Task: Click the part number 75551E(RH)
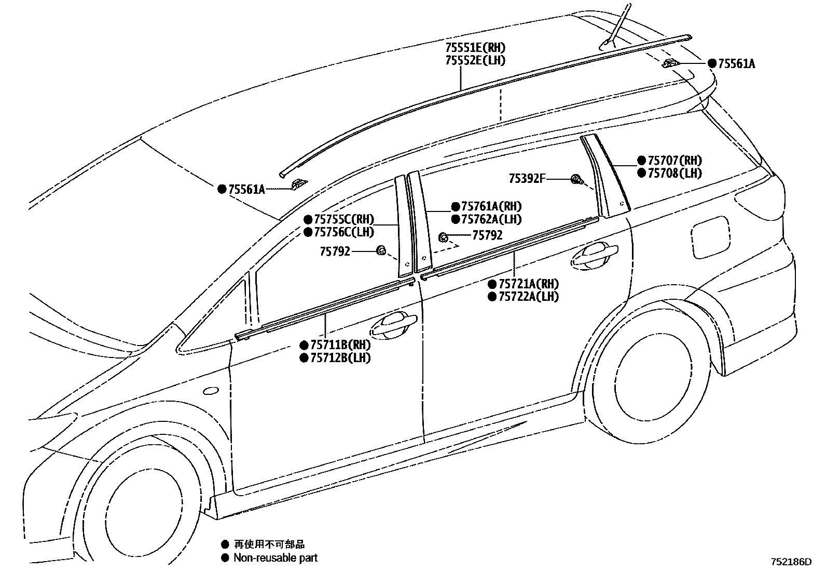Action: point(475,48)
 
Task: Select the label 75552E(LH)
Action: point(475,60)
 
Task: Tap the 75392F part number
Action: point(527,179)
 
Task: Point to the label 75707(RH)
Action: point(674,161)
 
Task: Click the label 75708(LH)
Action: point(674,173)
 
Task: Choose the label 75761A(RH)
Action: point(491,206)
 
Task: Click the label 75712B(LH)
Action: point(340,357)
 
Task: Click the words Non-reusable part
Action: point(275,558)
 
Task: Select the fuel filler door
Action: point(711,237)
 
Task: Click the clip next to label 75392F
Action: point(576,180)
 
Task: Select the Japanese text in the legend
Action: point(269,544)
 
